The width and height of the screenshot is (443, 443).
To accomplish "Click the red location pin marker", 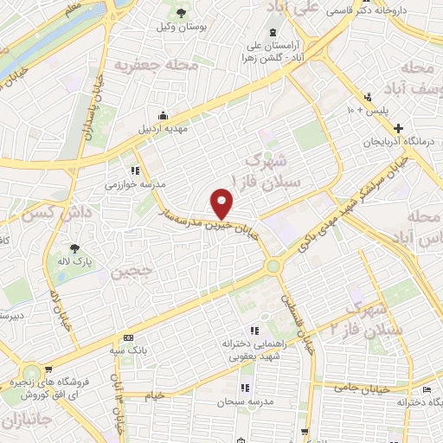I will click(222, 204).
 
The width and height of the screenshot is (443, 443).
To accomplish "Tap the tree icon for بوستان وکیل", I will click(181, 13).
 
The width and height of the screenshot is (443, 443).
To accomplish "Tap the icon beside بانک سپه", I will click(129, 337).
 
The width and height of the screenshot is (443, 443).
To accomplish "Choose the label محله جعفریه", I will click(157, 66).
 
